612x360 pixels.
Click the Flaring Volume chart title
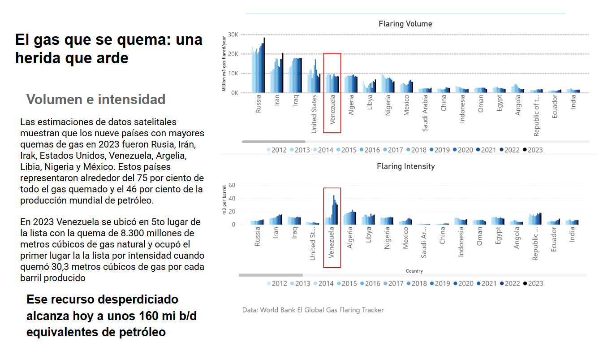pyautogui.click(x=405, y=24)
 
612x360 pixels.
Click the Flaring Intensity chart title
pyautogui.click(x=406, y=166)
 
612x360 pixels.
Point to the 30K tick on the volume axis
pyautogui.click(x=233, y=35)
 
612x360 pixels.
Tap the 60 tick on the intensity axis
pyautogui.click(x=232, y=185)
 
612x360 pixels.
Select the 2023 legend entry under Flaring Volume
pyautogui.click(x=533, y=150)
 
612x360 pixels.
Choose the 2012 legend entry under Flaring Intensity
pyautogui.click(x=277, y=283)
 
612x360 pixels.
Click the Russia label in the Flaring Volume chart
pyautogui.click(x=258, y=104)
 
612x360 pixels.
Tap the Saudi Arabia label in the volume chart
pyautogui.click(x=425, y=113)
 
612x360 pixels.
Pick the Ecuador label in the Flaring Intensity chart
pyautogui.click(x=553, y=239)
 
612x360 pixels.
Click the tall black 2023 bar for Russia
pyautogui.click(x=264, y=65)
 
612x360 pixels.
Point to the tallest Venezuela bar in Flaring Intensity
pyautogui.click(x=334, y=210)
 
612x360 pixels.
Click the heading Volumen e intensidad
pyautogui.click(x=96, y=99)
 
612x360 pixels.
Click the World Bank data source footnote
pyautogui.click(x=313, y=310)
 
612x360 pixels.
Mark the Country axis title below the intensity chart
pyautogui.click(x=414, y=271)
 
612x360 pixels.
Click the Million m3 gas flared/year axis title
pyautogui.click(x=224, y=63)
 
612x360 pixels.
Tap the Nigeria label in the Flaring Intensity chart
pyautogui.click(x=387, y=238)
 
